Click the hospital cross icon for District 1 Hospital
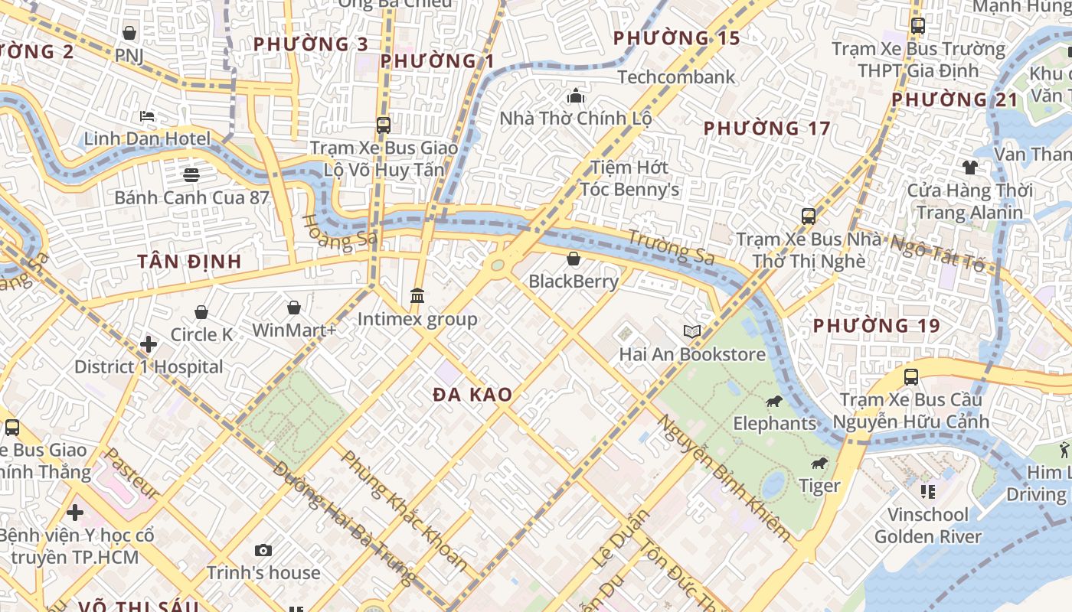coord(149,344)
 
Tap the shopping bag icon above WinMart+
coord(294,308)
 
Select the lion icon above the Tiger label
coord(819,464)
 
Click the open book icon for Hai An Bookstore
coord(692,331)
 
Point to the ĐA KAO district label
coord(472,396)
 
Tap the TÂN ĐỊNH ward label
coord(189,262)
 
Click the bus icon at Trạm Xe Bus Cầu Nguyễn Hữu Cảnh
coord(911,377)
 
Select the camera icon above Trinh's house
coord(263,550)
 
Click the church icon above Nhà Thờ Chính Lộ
coord(576,96)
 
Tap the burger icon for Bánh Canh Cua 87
coord(191,174)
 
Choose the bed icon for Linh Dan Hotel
coord(147,116)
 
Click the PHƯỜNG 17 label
coord(766,129)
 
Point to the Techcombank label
coord(675,77)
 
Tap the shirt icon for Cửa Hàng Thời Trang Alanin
coord(970,168)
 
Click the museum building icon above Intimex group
coord(417,295)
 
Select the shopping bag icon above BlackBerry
coord(573,259)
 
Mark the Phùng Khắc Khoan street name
coord(404,510)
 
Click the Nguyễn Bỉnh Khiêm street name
coord(724,478)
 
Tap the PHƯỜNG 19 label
coord(876,326)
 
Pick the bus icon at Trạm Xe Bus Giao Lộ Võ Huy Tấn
coord(384,125)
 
